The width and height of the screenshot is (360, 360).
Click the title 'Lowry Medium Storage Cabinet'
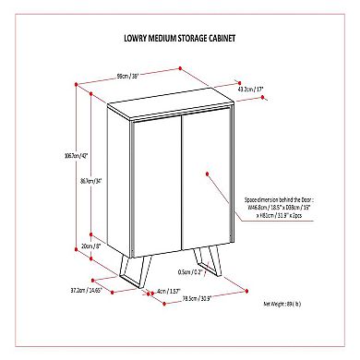[180, 41]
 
